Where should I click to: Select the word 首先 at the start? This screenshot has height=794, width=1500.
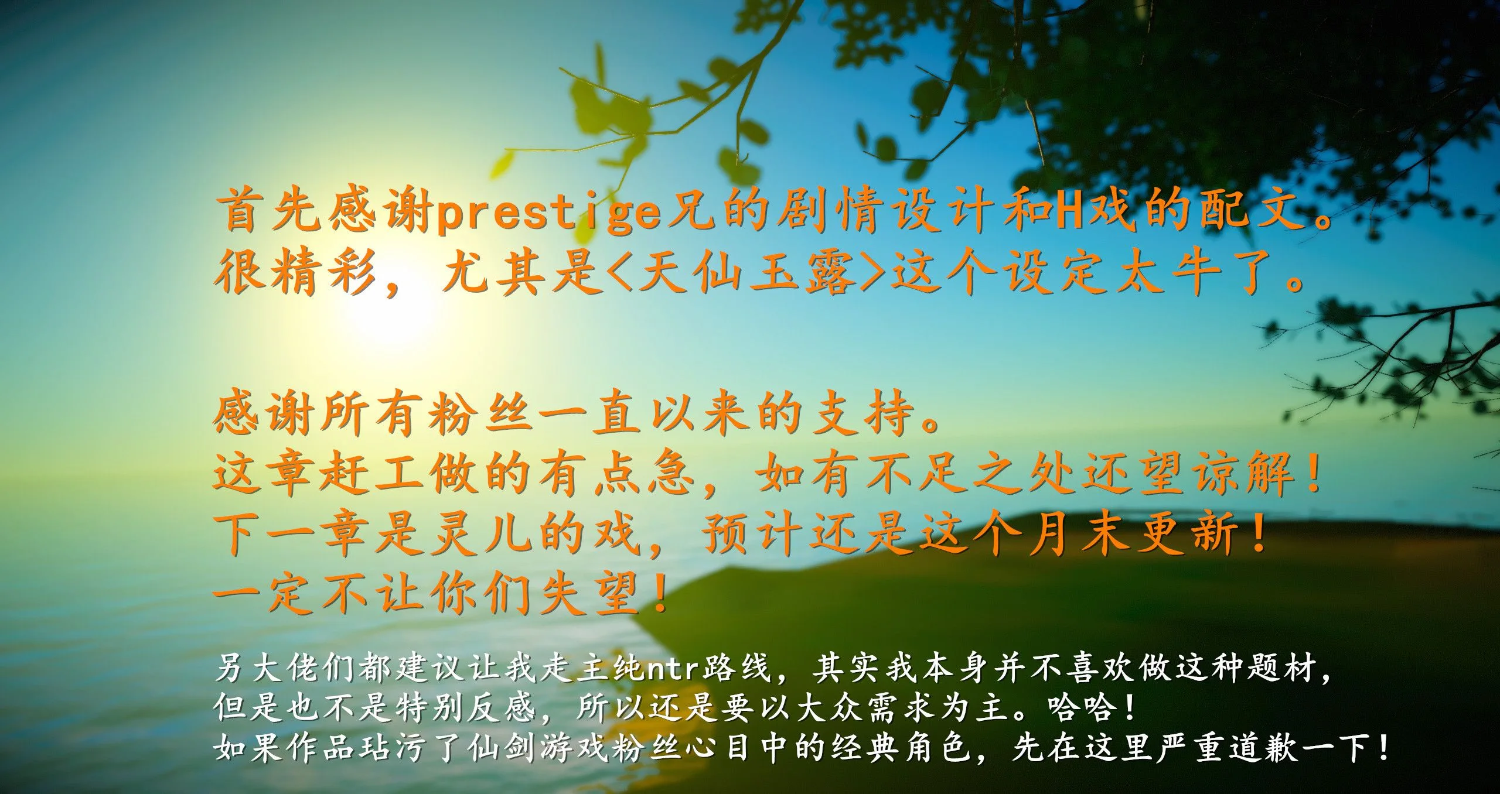coord(268,212)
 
